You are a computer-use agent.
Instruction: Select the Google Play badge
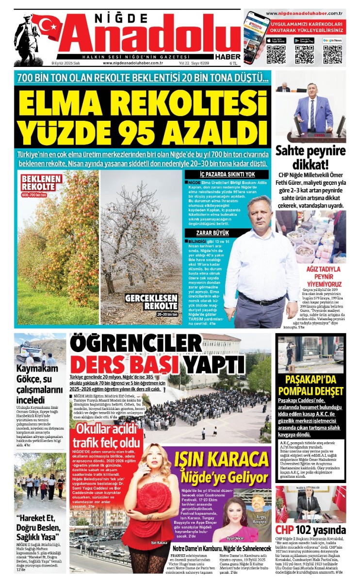(304, 40)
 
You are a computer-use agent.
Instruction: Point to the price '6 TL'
(234, 63)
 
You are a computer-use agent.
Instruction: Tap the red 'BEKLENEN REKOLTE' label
(41, 183)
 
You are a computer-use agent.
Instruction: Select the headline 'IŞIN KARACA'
(214, 458)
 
